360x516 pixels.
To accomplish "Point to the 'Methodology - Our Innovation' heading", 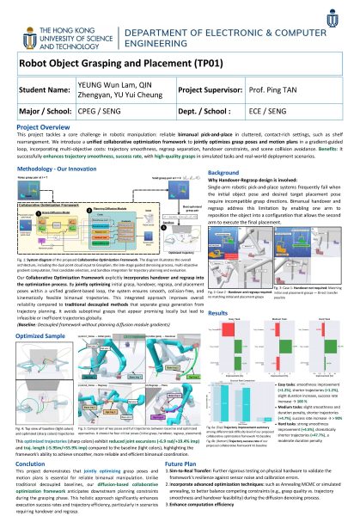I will point(57,172).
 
